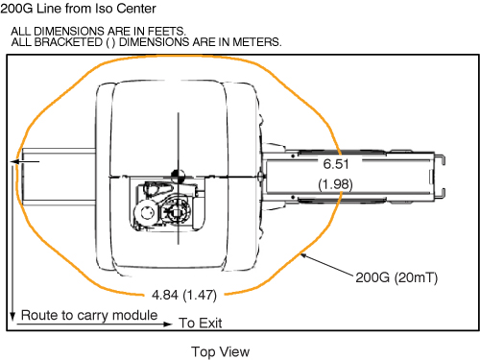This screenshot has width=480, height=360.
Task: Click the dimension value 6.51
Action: pyautogui.click(x=336, y=164)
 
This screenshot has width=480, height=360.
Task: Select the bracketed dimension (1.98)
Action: pyautogui.click(x=335, y=184)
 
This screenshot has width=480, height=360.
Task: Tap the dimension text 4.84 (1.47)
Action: pyautogui.click(x=184, y=295)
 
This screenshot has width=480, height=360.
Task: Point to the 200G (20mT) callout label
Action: pyautogui.click(x=396, y=277)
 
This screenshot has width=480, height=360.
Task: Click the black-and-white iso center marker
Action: pyautogui.click(x=179, y=176)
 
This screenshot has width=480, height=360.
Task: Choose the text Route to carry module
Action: pyautogui.click(x=89, y=315)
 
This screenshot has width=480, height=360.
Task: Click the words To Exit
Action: pyautogui.click(x=201, y=323)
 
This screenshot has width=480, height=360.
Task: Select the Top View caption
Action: pyautogui.click(x=221, y=351)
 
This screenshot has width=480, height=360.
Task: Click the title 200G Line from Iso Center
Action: pyautogui.click(x=78, y=9)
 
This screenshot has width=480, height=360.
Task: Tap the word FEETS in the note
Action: pyautogui.click(x=166, y=32)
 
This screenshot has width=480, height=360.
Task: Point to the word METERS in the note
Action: pyautogui.click(x=256, y=42)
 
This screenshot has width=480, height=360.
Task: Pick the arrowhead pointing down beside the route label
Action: pyautogui.click(x=12, y=316)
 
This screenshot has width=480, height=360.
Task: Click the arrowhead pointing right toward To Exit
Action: pyautogui.click(x=168, y=324)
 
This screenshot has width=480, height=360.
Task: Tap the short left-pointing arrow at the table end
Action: pyautogui.click(x=25, y=161)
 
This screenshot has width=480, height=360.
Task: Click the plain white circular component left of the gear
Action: pyautogui.click(x=146, y=212)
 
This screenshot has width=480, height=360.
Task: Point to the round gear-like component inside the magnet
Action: pyautogui.click(x=176, y=211)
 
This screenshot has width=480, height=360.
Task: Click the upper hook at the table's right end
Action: pyautogui.click(x=440, y=159)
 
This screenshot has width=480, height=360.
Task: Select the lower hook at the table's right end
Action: pyautogui.click(x=440, y=193)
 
